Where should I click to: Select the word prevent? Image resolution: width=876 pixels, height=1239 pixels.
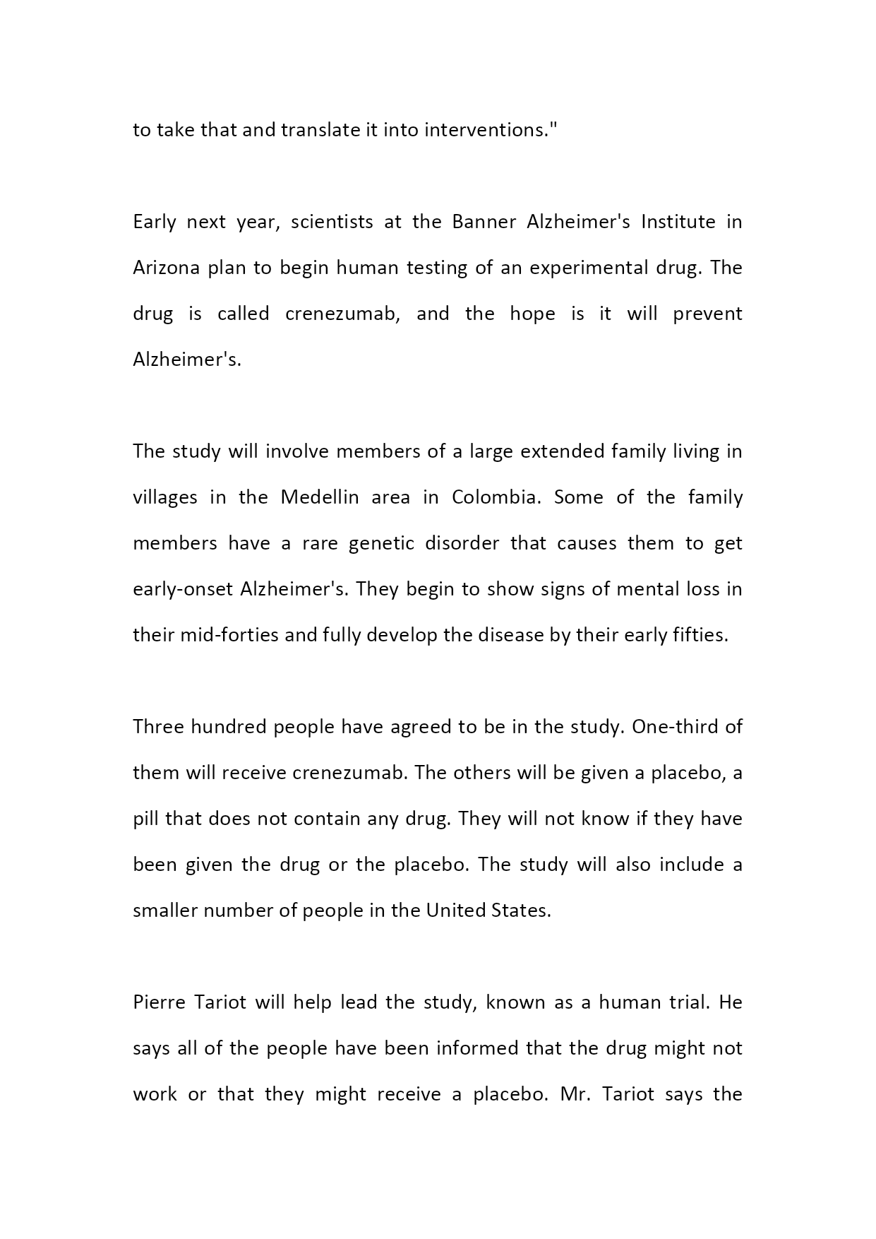[707, 314]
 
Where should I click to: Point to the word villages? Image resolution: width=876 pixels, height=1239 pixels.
[165, 497]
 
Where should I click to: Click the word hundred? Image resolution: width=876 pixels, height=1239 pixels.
[227, 727]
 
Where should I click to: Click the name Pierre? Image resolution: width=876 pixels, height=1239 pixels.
[158, 1002]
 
